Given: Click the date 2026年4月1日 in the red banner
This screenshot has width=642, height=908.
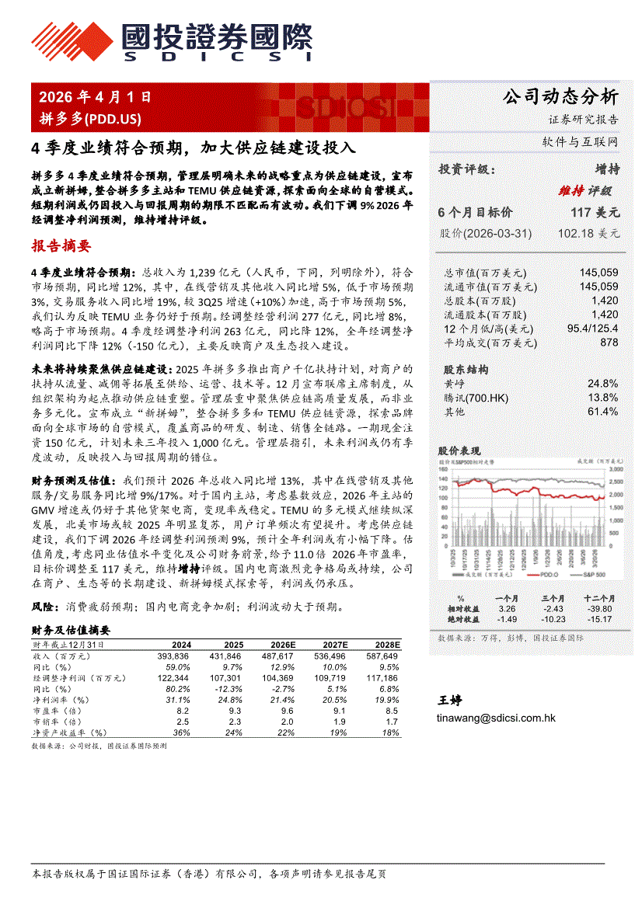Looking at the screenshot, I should pos(95,97).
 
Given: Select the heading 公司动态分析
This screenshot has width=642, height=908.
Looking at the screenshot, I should pos(560,97).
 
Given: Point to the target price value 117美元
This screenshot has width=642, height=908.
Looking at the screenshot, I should pos(595,211).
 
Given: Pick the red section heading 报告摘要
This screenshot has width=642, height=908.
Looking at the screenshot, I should pos(61,247).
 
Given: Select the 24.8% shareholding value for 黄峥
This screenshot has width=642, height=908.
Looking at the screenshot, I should pos(602,384).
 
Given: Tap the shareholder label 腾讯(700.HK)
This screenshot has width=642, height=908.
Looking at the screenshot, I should pos(476,398).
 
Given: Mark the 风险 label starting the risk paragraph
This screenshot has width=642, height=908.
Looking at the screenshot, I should pos(42,606).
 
